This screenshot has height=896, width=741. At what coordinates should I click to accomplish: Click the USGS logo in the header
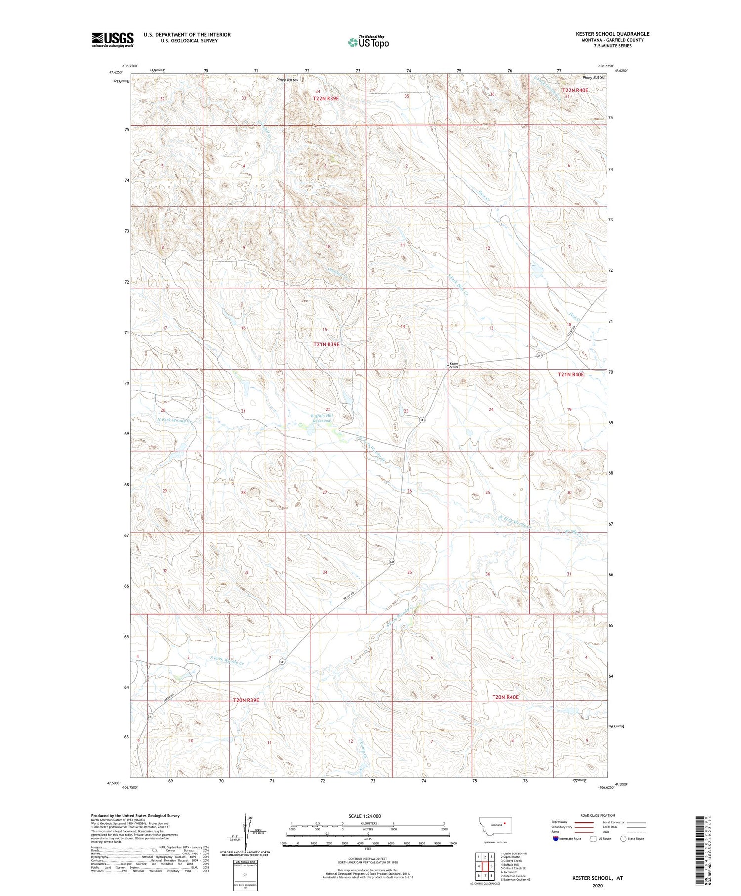[x=113, y=40]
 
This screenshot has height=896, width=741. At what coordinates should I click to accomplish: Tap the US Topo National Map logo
[x=368, y=42]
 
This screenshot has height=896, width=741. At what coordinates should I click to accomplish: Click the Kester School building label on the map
[x=453, y=366]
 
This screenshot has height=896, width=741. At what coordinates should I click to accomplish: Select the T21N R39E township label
[x=327, y=344]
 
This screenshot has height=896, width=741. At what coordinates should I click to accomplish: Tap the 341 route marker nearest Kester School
[x=540, y=355]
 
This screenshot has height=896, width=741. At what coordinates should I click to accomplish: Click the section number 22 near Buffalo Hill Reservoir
[x=328, y=409]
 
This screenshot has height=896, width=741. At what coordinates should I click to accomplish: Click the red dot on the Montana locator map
[x=505, y=823]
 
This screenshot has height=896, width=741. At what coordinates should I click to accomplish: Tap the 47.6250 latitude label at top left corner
[x=116, y=72]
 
